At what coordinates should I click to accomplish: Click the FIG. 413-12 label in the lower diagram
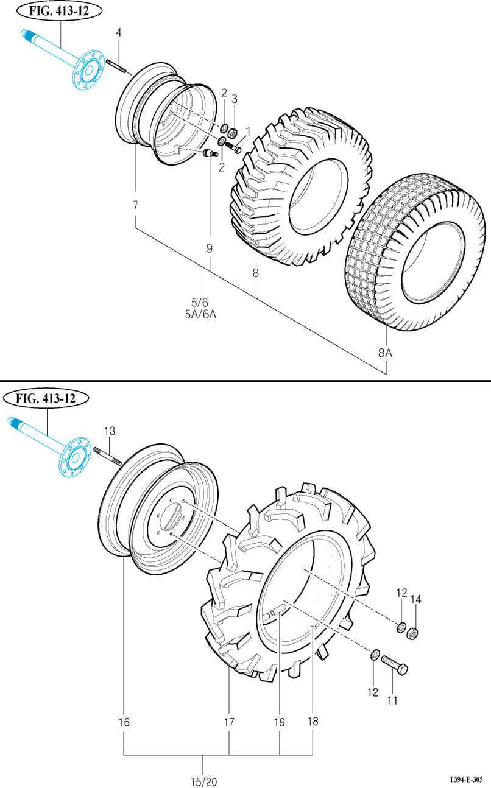point(47,399)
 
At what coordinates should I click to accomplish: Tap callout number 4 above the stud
point(119,32)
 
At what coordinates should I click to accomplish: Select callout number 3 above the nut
point(235,99)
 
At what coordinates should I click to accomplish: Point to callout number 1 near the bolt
point(248,132)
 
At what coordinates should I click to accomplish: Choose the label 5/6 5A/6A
point(200,308)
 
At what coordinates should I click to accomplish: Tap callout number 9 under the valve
point(209,248)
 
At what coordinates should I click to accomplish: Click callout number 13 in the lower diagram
point(110,431)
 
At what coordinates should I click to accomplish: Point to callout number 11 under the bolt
point(392,700)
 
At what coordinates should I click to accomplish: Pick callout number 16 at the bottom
point(124,723)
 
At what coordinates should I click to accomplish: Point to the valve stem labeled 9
point(211,153)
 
